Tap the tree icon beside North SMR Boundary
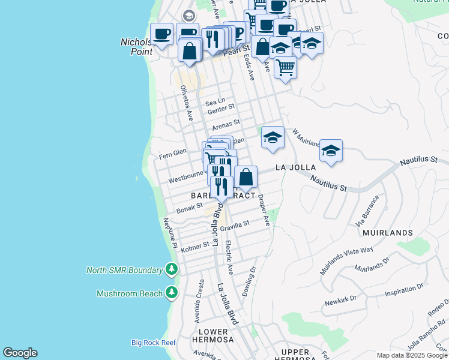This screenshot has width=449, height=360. pos(172,270)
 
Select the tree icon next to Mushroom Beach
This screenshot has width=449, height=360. pos(172,293)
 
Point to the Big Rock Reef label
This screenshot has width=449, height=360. pos(153,343)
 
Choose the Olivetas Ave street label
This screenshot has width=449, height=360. pos(186,103)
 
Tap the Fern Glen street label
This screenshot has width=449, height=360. pos(174,155)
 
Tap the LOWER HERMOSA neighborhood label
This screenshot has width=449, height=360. pos(213,335)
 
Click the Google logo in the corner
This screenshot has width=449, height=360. pos(20,353)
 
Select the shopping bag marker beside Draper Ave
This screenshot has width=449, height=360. pos(246,178)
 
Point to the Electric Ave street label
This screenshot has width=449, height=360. pos(227,254)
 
